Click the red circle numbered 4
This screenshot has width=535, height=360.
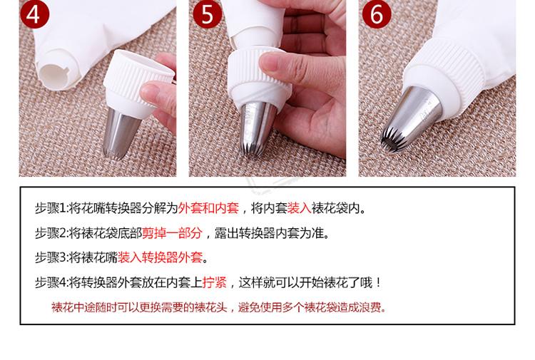[x=34, y=14]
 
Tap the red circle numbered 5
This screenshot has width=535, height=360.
[x=208, y=14]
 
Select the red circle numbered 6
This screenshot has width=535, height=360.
[x=377, y=14]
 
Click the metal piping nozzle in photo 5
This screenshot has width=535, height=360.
[x=257, y=130]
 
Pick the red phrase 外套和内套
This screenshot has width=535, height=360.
[x=208, y=208]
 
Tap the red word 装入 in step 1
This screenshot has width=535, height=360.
[x=299, y=208]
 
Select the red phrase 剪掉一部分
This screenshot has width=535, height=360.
[x=173, y=233]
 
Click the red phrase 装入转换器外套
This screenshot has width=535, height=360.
[x=160, y=257]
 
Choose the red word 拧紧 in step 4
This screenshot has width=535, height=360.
[x=215, y=282]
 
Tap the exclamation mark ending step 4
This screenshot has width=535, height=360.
[x=379, y=282]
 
